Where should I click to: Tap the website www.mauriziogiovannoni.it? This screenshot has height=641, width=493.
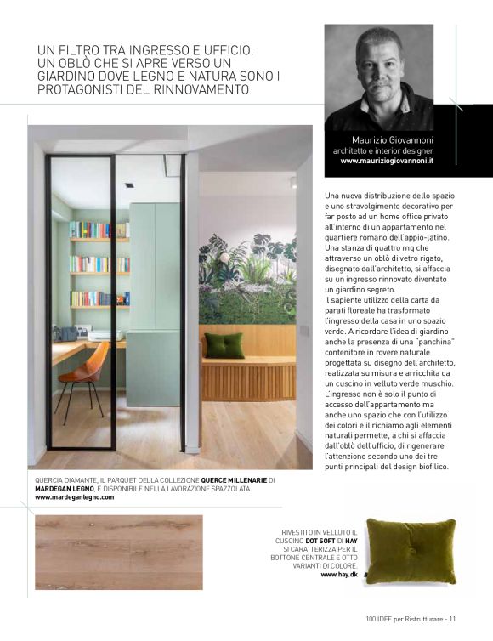point(387,160)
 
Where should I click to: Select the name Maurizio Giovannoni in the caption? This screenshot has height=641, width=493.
point(393,139)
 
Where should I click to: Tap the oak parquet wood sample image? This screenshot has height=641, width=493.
point(119,552)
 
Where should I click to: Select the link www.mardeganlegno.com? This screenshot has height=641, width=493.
point(74,497)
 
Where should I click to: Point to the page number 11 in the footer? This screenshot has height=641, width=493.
point(453,618)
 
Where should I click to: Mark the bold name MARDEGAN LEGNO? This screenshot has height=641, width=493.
point(68,489)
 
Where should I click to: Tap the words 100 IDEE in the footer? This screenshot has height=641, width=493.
point(382,618)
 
